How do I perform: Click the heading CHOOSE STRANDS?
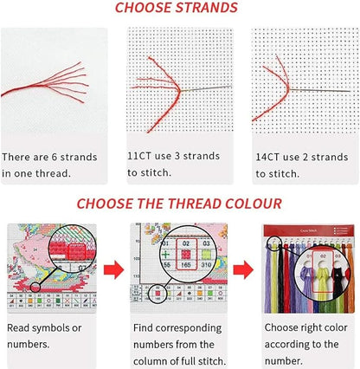coord(179,10)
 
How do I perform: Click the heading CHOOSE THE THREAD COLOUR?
coord(179,204)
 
